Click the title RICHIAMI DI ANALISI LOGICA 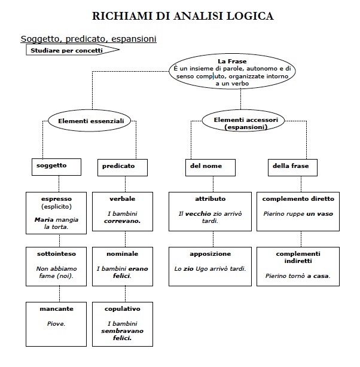(x=183, y=16)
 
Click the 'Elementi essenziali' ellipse (x=90, y=121)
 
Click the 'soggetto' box (x=56, y=167)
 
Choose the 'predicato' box (x=122, y=167)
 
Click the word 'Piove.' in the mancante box (x=56, y=324)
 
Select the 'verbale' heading (x=122, y=199)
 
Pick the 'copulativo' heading (x=122, y=309)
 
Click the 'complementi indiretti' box (x=298, y=266)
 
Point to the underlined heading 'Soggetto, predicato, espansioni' (x=89, y=39)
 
